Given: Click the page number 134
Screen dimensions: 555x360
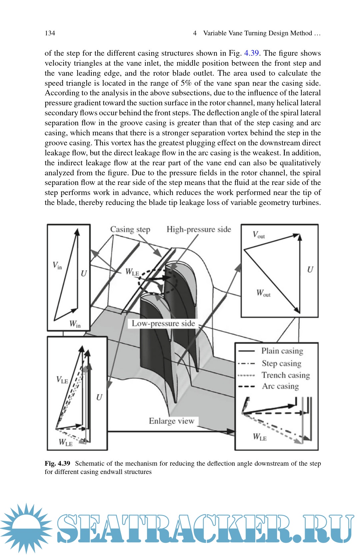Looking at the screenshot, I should [x=50, y=33].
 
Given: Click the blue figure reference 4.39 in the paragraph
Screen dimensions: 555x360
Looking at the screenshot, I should [x=251, y=53].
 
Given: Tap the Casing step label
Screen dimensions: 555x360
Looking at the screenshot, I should [x=130, y=229].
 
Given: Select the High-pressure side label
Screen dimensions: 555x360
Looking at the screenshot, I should [x=199, y=229].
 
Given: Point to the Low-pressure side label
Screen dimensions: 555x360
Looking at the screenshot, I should [x=163, y=323].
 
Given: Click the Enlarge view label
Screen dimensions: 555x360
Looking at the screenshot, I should [x=171, y=421].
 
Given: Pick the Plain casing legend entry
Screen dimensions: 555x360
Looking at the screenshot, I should [x=282, y=351].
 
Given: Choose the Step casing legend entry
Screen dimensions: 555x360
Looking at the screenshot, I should [x=281, y=363].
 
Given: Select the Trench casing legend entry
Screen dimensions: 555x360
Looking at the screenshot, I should [x=286, y=375].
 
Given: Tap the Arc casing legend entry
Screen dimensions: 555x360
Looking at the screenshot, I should [x=280, y=386].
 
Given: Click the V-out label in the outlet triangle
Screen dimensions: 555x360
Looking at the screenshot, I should [x=259, y=235].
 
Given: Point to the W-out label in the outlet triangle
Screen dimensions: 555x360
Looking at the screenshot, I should [x=263, y=293].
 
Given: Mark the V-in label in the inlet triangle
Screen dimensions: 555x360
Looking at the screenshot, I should [x=57, y=265].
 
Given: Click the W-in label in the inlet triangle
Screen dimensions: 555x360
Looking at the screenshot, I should [x=75, y=324].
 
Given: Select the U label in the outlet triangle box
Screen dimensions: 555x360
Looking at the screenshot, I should [x=310, y=270].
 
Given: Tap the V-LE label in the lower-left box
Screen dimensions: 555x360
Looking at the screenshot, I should [x=62, y=380].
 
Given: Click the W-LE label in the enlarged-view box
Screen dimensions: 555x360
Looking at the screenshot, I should [x=260, y=437].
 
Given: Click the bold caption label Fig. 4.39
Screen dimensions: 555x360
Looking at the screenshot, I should [x=57, y=463].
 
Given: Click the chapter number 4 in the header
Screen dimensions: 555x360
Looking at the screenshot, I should [x=195, y=33].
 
